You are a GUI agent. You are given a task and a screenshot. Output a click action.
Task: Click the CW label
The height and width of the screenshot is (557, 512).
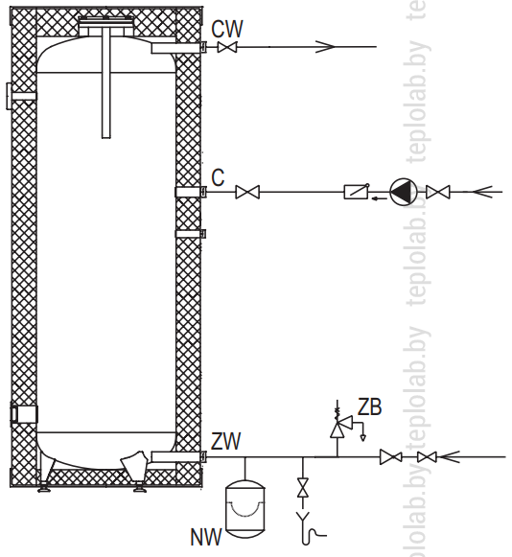pos(227,29)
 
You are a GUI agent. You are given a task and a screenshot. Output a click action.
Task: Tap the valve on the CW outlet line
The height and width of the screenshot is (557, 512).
pos(227,47)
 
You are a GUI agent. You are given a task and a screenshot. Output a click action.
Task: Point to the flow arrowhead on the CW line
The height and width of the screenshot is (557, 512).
pos(325,47)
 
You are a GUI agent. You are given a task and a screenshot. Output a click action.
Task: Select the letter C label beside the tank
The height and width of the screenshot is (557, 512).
pos(218,177)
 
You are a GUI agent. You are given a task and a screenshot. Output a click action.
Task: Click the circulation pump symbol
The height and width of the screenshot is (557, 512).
pos(404,192)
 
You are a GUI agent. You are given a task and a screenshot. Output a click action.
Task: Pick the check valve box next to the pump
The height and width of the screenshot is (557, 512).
pos(357,192)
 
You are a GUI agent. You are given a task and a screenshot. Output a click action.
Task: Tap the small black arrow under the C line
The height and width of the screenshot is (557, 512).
pos(379,198)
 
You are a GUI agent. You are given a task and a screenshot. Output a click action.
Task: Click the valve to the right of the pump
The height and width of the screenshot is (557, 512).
pos(438,192)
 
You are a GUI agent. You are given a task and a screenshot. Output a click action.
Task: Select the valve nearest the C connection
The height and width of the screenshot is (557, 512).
pos(247,192)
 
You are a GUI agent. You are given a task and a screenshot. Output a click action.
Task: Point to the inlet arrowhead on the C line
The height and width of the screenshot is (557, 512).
pos(482,192)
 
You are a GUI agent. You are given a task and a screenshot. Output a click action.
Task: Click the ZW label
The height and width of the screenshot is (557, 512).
pos(226,441)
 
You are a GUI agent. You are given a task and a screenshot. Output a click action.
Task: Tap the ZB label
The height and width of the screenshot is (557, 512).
pos(369,407)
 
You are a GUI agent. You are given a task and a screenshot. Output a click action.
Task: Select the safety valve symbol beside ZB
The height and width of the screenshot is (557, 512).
pos(340,425)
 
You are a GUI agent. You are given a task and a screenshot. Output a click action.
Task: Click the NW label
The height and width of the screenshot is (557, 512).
pos(206,537)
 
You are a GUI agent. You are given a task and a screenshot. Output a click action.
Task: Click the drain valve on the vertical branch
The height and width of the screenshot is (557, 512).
pos(303,488)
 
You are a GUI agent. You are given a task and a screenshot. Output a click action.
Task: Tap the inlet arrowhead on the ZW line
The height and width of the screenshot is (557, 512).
pos(449,457)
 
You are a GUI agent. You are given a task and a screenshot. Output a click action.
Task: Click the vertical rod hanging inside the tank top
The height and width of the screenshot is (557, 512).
pos(106,84)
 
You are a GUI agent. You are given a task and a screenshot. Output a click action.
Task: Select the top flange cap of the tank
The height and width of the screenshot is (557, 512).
pos(106,22)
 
